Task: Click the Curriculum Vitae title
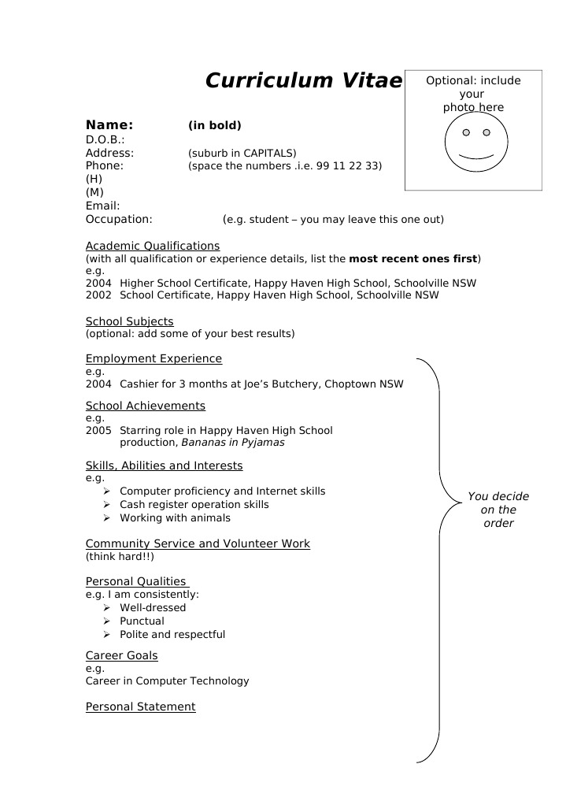[x=303, y=81]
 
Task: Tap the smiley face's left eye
[x=465, y=132]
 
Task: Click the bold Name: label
[x=109, y=125]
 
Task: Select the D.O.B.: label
[x=105, y=139]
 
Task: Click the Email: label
[x=102, y=206]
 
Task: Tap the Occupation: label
[x=119, y=219]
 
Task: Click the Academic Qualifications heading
[x=153, y=246]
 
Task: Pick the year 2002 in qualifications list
[x=98, y=295]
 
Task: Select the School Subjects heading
[x=129, y=321]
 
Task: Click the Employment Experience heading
[x=154, y=358]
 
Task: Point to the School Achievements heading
[x=145, y=406]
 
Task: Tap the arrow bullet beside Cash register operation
[x=106, y=504]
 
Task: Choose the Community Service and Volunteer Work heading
[x=198, y=543]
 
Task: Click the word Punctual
[x=142, y=621]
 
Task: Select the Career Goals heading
[x=121, y=655]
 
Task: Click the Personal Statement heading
[x=140, y=706]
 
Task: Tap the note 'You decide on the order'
[x=498, y=510]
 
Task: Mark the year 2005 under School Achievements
[x=98, y=431]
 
